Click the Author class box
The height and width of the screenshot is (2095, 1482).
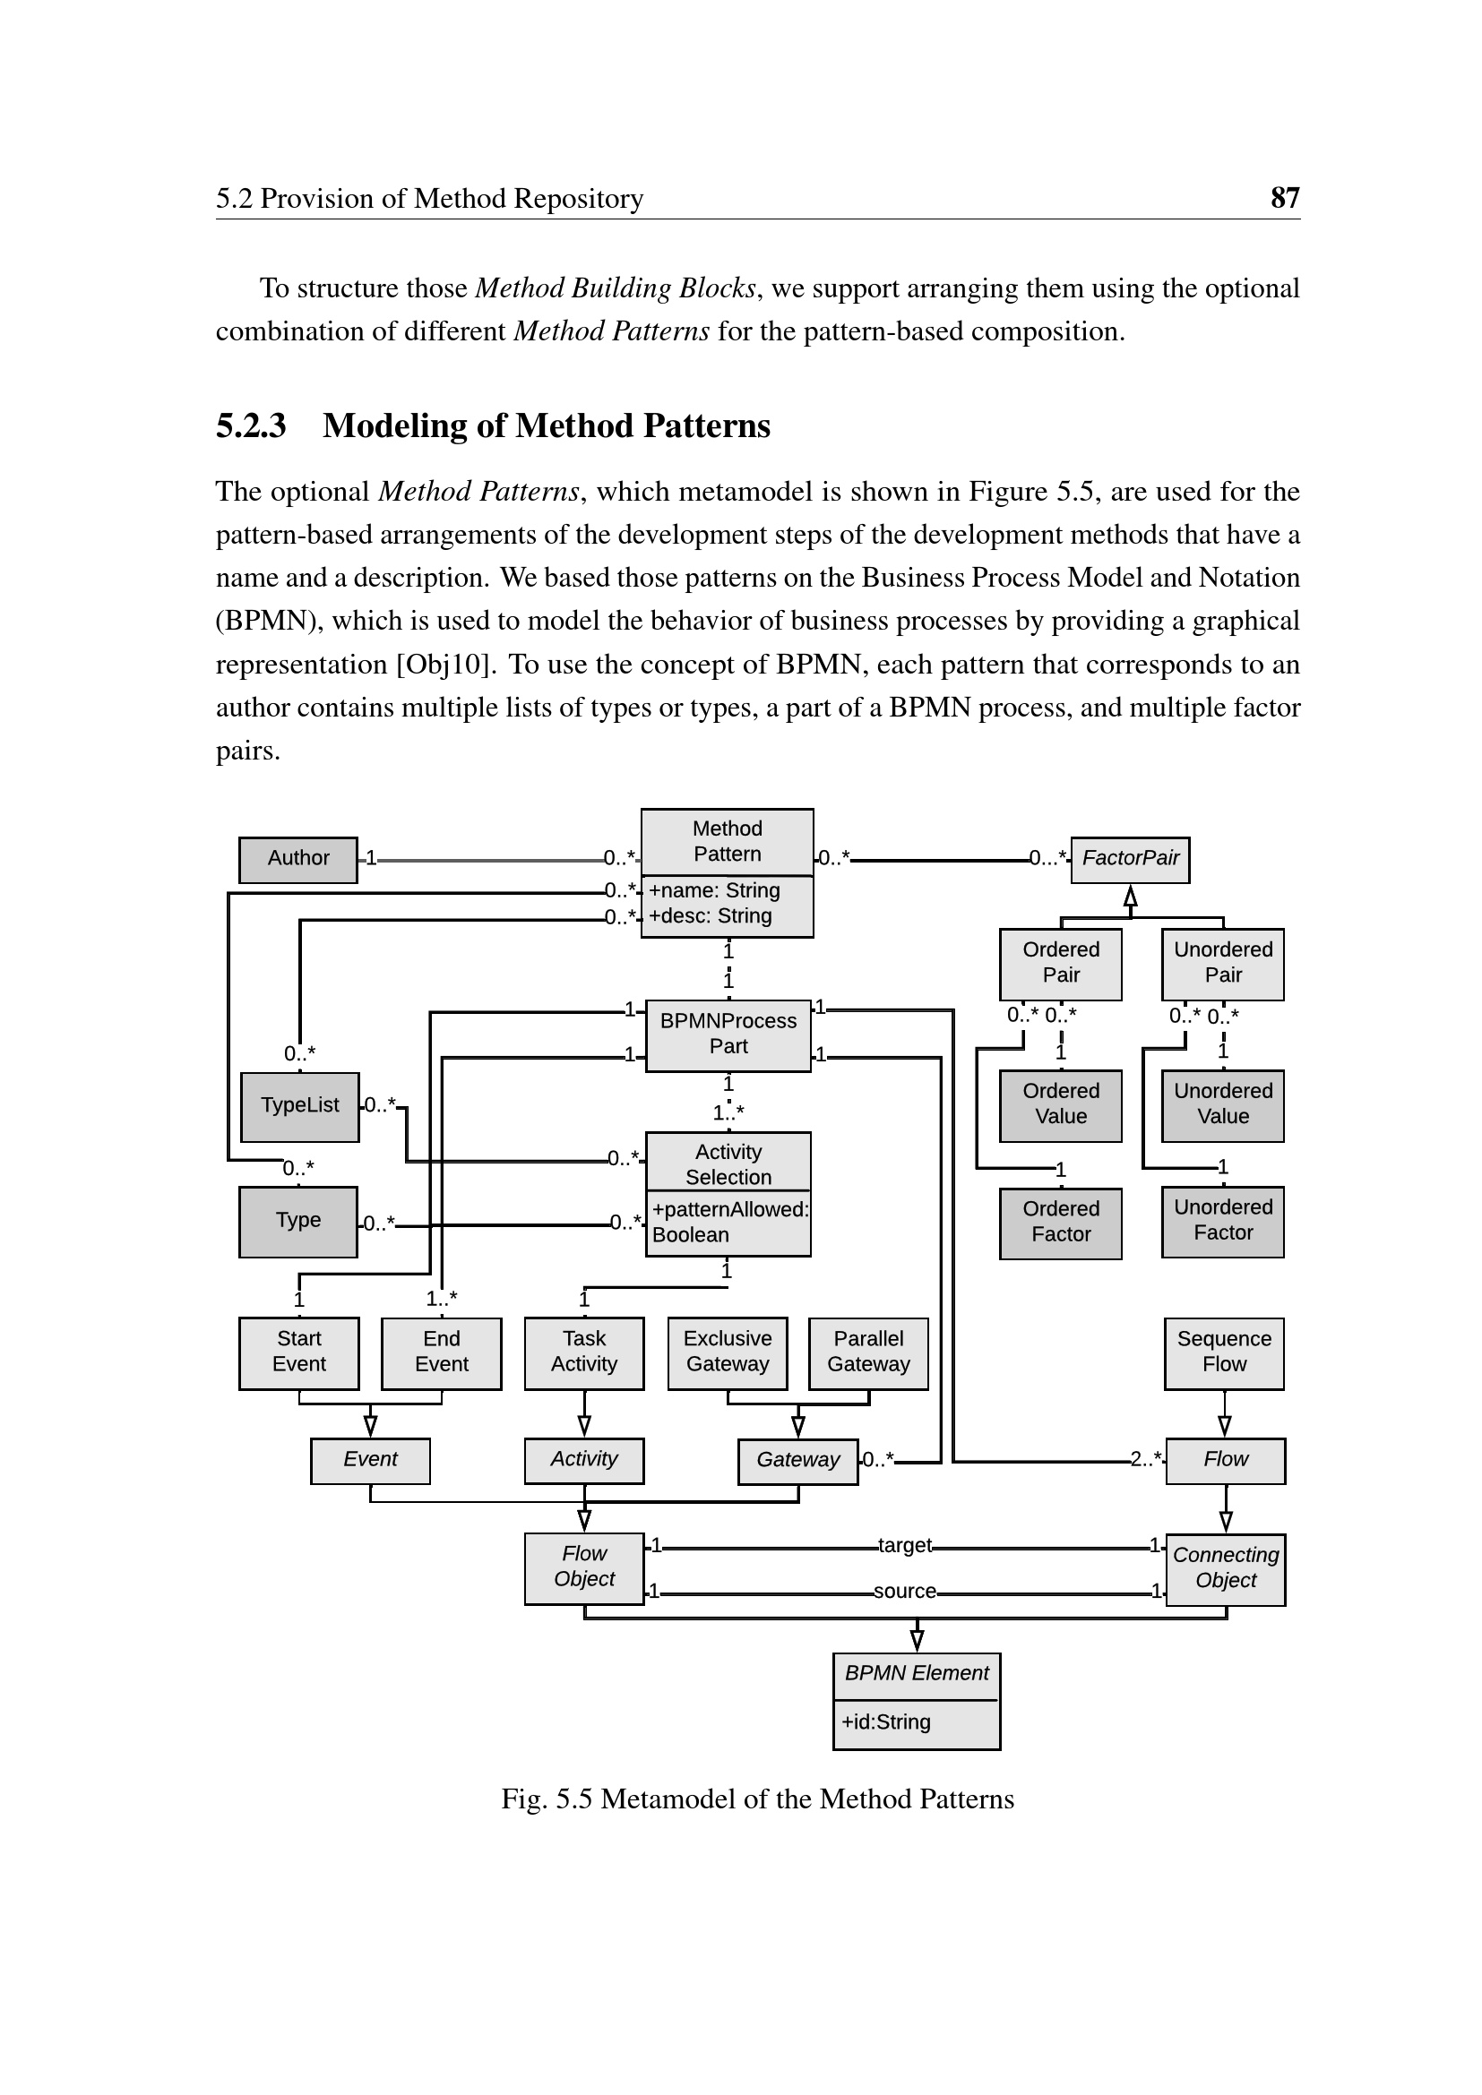297,859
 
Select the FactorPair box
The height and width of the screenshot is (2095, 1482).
1130,859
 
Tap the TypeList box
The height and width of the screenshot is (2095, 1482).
299,1106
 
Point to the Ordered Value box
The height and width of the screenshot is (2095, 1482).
1060,1104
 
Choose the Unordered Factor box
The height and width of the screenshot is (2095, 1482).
1222,1221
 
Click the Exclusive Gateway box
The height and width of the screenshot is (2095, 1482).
728,1352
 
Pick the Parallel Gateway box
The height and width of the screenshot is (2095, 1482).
868,1352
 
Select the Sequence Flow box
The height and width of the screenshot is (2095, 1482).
1224,1352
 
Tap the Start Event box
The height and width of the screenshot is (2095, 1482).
298,1352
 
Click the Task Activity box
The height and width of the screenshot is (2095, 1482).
584,1352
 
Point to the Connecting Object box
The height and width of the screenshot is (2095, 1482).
1226,1567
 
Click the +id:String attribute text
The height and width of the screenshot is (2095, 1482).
885,1722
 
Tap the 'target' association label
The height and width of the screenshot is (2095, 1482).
904,1545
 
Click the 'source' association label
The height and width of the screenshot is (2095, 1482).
904,1592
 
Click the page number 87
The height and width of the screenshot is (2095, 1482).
1284,198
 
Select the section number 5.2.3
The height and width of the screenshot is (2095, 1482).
251,426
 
